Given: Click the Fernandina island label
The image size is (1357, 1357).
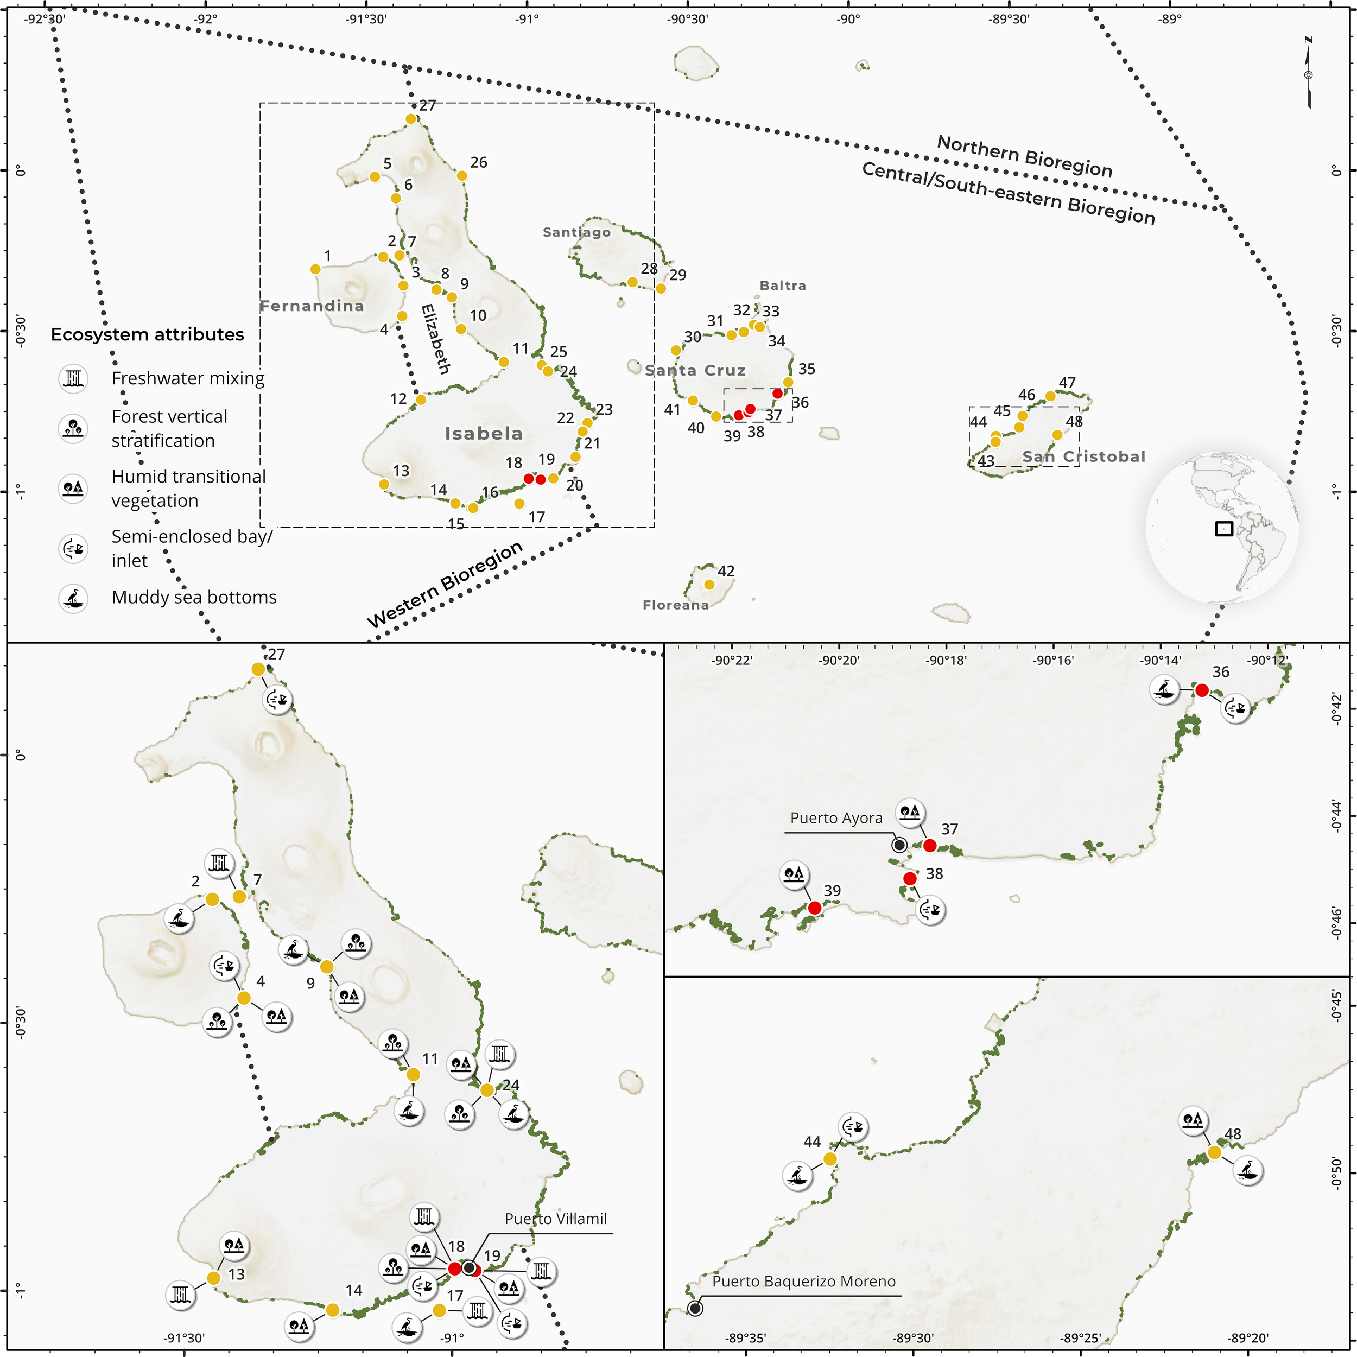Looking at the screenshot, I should coord(312,306).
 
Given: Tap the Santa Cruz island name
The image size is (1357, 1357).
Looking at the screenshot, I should coord(695,370).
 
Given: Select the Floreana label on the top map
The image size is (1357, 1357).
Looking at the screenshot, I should coord(675,605).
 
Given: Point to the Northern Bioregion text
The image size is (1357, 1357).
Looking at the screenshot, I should coord(1024,156).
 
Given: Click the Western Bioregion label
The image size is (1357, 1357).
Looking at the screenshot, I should coord(445,585).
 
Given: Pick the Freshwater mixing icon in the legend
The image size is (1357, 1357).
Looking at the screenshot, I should coord(73,378).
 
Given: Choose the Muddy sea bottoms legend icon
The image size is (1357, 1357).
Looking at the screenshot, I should coord(73,598).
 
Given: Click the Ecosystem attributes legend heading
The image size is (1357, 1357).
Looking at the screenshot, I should coord(148,334).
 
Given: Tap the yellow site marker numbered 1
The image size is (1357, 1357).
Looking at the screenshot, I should coord(315,269).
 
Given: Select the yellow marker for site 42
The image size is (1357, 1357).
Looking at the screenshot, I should coord(709,585).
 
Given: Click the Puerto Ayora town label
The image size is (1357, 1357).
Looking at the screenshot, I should coord(836,819).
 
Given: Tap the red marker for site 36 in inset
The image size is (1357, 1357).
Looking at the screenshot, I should coord(1202,690).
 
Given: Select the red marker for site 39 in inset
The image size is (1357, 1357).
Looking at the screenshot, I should coord(814,908).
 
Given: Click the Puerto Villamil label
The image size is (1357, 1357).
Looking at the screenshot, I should coord(556,1219).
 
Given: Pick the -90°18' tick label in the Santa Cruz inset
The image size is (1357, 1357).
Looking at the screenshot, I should coord(946,660).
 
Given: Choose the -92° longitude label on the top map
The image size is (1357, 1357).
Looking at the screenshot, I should coord(206,19).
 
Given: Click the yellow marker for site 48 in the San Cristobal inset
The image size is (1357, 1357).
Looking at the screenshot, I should coord(1214,1152).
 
